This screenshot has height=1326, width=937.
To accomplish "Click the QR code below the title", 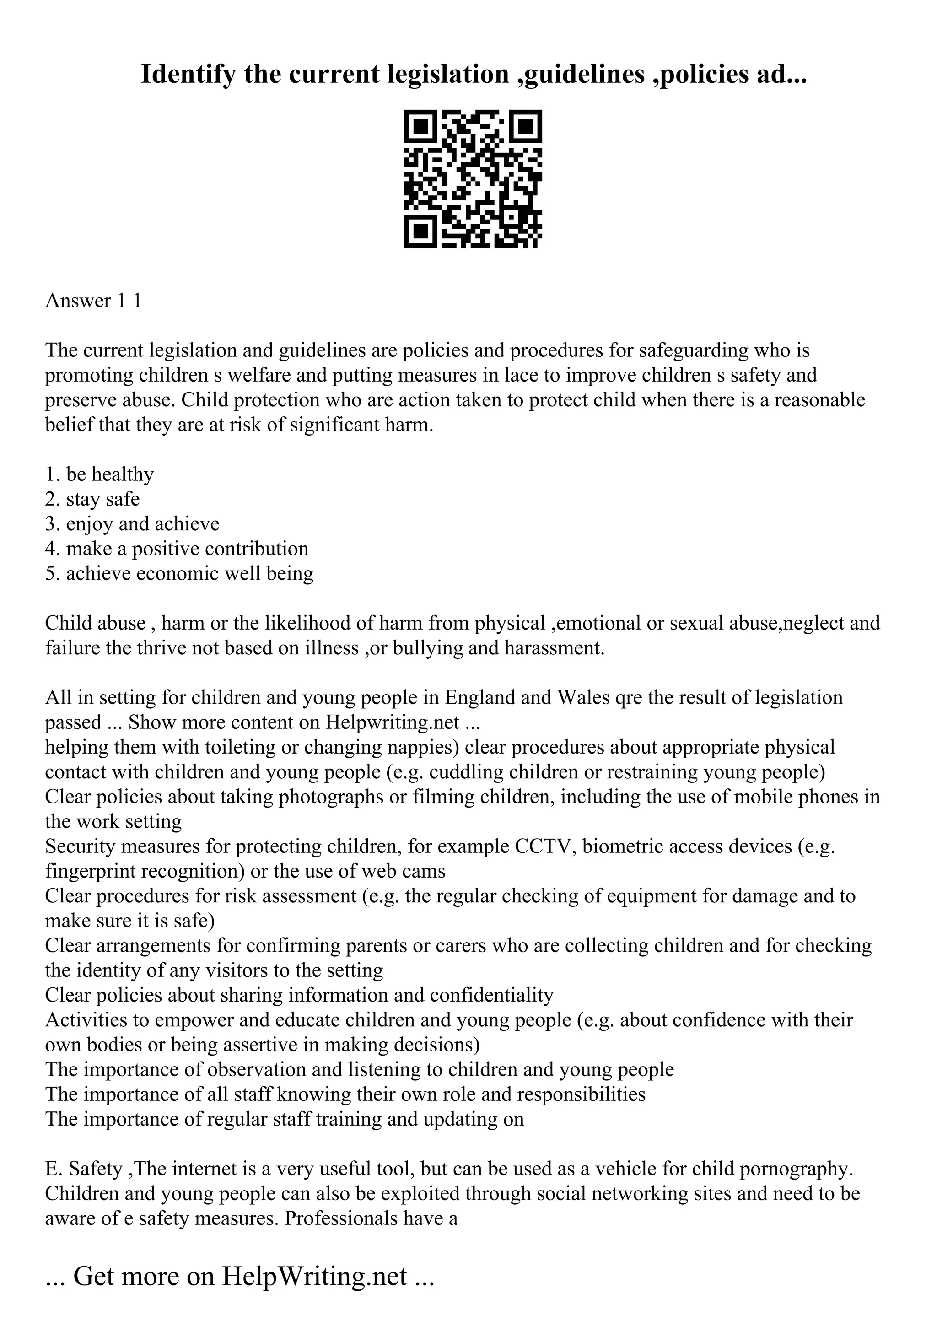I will click(472, 179).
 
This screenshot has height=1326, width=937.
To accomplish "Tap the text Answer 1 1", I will click(93, 301).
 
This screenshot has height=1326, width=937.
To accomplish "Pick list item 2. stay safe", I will click(92, 499).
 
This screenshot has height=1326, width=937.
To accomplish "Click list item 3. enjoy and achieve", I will click(132, 524).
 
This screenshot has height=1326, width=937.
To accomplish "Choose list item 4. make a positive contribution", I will click(177, 549).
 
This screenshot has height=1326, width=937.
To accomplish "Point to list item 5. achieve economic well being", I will click(179, 573).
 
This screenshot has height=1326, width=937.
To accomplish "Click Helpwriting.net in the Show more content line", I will click(392, 722).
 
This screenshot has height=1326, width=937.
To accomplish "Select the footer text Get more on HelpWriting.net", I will click(240, 1276).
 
